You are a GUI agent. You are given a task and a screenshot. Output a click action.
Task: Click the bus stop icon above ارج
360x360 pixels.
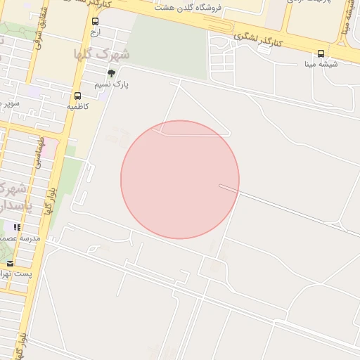pos(95,22)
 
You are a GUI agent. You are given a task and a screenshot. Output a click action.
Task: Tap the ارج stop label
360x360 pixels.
pos(95,32)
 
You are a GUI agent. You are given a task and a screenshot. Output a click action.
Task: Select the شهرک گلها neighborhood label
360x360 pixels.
pos(102,54)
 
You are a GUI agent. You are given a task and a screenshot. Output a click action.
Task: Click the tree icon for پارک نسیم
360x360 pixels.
pos(111,73)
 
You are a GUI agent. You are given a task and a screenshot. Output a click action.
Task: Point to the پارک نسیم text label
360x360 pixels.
pos(112,84)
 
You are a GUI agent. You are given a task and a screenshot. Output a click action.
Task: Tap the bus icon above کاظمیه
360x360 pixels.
pos(77,96)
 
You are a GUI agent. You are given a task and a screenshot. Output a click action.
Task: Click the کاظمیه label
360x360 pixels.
pos(77,106)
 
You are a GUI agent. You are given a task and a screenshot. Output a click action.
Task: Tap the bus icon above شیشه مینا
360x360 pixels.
pos(321,53)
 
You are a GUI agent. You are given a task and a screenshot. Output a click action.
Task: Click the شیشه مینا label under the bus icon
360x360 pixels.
pos(321,64)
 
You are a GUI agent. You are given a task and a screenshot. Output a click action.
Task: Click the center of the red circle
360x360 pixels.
pos(180,179)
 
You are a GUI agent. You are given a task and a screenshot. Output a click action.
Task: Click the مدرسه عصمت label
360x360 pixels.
pos(21,238)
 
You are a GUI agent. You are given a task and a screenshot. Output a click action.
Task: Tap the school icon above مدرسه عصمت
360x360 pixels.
pos(17,227)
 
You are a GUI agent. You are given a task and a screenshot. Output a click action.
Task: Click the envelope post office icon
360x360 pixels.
pos(10,264)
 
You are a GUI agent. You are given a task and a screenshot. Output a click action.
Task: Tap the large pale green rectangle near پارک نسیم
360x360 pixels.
pos(169,46)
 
